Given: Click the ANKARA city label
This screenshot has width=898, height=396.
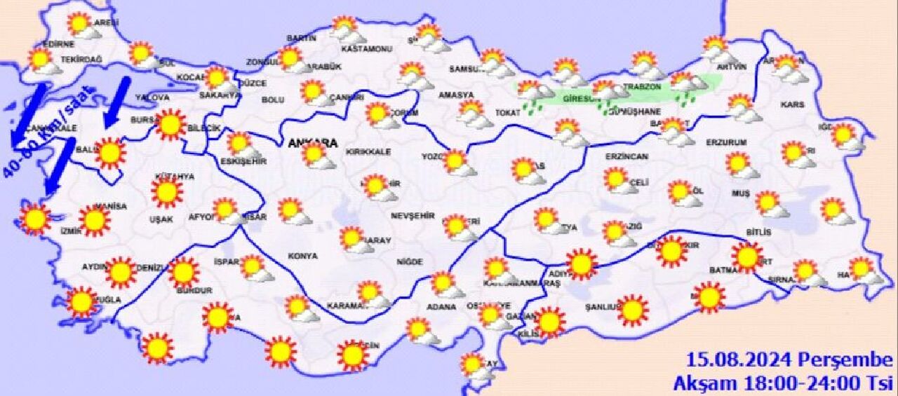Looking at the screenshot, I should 312,143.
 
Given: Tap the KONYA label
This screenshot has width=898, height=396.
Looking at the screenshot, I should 302,256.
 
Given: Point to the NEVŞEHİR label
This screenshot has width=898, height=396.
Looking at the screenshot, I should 413,215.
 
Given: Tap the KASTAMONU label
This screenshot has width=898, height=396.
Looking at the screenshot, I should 366,50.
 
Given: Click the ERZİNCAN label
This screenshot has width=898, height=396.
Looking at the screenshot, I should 629,156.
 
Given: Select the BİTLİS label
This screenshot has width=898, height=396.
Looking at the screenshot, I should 759,232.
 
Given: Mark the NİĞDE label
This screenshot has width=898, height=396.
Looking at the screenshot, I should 410,261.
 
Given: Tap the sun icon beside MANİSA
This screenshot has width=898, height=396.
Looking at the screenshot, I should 94,220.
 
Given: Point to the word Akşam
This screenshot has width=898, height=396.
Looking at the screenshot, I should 697,383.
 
